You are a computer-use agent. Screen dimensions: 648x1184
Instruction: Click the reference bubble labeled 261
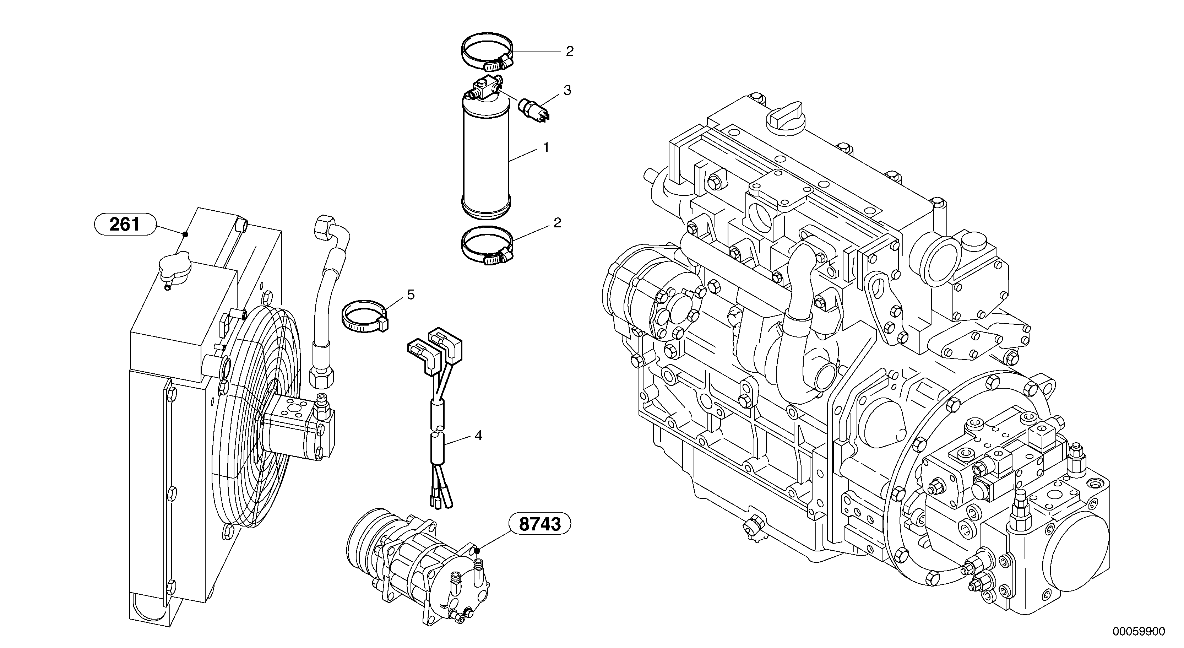tap(125, 225)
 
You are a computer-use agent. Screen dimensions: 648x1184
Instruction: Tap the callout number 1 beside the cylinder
tap(546, 148)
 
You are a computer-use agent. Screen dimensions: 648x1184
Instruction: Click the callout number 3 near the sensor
tap(567, 91)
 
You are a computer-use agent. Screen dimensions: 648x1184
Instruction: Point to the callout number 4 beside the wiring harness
tap(478, 436)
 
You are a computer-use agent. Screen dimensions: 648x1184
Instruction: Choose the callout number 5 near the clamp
tap(411, 295)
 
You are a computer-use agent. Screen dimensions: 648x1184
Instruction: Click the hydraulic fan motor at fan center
tap(299, 425)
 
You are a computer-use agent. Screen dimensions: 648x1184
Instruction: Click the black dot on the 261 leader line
tap(185, 234)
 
